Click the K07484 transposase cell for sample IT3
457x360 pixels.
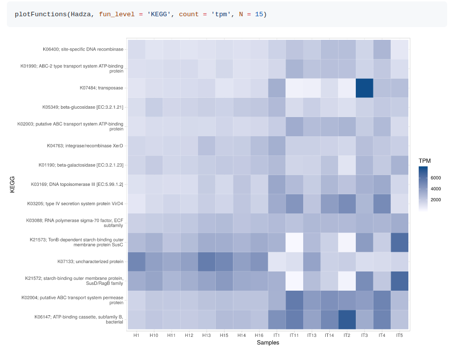click(365, 88)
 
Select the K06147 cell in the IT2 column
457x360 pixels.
click(347, 320)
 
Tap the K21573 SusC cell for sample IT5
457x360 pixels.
click(400, 242)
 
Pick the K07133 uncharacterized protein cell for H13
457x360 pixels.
click(206, 262)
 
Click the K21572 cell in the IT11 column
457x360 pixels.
click(294, 281)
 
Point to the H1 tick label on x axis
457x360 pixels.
click(136, 335)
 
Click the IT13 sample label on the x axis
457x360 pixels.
click(312, 335)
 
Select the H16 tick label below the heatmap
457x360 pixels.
click(259, 335)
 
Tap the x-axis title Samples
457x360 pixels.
click(268, 343)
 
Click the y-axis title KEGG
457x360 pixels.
click(12, 184)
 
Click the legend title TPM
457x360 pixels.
click(425, 161)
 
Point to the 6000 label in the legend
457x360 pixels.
click(435, 178)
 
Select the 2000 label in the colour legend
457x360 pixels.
click(435, 200)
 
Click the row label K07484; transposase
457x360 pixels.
click(101, 88)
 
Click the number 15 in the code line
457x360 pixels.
click(258, 14)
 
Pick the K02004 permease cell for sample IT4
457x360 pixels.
click(382, 300)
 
